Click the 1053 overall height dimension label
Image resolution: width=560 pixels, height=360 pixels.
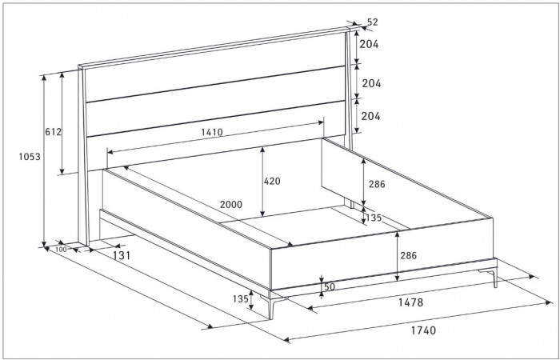30,157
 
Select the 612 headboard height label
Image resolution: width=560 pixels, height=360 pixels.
54,132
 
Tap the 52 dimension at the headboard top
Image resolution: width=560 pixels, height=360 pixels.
373,22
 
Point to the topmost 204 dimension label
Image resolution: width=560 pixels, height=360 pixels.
369,44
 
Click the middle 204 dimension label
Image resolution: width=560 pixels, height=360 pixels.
371,83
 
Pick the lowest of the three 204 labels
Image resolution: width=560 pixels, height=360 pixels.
370,117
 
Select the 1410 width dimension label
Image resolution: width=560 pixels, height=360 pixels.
212,133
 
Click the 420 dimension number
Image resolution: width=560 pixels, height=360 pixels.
272,182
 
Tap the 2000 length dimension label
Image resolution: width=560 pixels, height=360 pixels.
231,205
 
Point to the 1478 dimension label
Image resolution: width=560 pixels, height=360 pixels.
410,302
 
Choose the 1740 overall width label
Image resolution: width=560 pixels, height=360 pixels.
423,330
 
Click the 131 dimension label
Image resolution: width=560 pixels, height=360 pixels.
122,256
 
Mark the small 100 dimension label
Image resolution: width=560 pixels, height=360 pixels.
61,250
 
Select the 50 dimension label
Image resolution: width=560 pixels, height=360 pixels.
330,287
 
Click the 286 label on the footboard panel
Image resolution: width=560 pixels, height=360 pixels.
408,256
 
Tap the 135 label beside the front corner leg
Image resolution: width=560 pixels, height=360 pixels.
240,299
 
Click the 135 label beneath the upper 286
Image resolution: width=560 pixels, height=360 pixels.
374,218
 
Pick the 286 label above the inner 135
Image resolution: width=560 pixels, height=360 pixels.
377,184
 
